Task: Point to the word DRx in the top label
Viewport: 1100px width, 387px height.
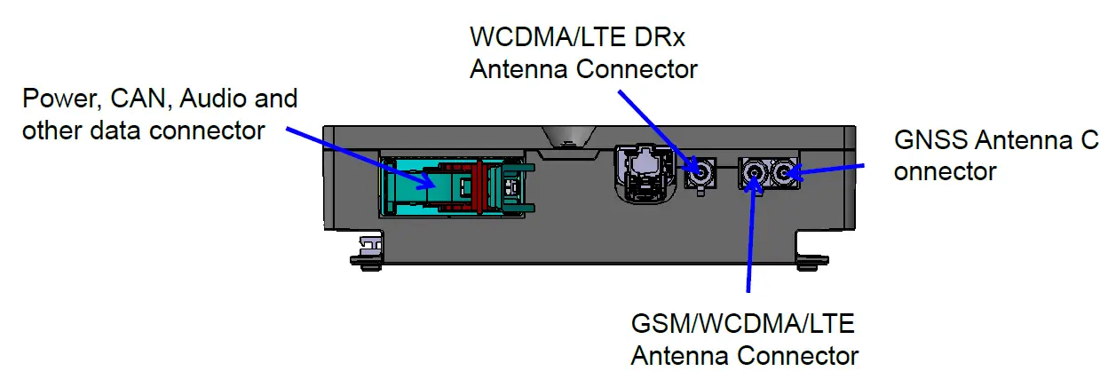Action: coord(658,37)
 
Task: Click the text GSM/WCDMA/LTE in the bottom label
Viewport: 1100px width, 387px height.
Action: coord(741,324)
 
